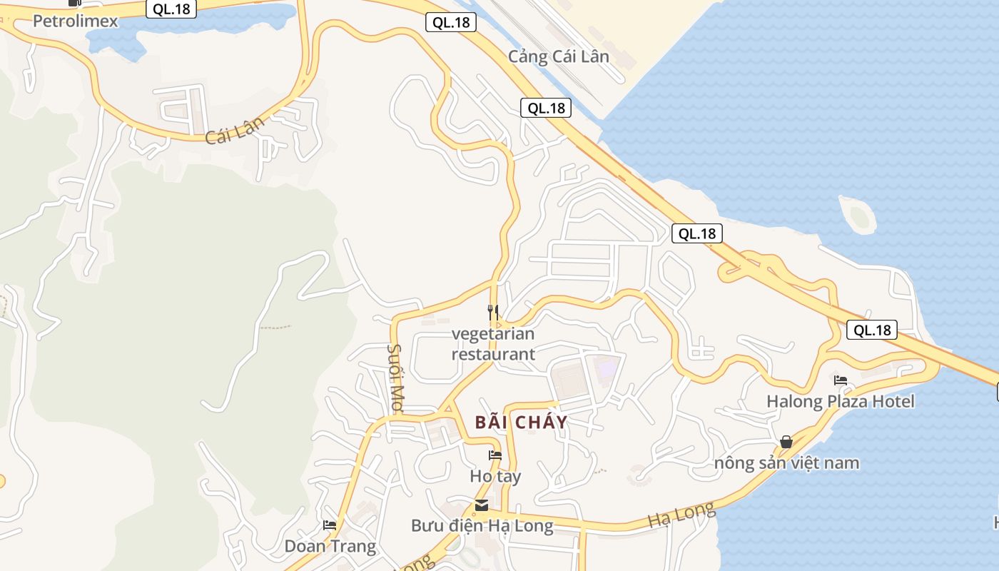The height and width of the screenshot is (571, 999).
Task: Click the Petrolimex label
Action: (x=75, y=21)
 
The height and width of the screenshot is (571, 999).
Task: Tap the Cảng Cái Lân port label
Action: (x=558, y=56)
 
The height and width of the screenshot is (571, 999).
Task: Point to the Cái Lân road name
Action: (x=235, y=129)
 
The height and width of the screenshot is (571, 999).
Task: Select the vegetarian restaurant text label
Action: (x=493, y=343)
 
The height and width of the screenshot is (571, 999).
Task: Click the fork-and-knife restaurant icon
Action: (x=492, y=312)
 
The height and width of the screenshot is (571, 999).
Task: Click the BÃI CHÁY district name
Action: (x=521, y=422)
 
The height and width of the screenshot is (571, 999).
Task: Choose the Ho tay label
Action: (x=495, y=476)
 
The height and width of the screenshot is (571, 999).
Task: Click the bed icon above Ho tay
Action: (x=495, y=455)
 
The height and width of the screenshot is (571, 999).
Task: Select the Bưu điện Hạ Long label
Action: (x=482, y=526)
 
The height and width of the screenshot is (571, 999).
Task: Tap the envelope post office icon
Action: (x=482, y=505)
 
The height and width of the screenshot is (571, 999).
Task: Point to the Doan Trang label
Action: (x=330, y=546)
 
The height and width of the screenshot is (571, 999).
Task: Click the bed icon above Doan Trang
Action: (x=330, y=525)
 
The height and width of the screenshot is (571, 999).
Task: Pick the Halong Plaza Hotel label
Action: (x=840, y=401)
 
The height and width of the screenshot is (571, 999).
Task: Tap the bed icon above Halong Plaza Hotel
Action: (x=841, y=380)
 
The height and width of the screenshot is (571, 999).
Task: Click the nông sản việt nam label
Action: (x=786, y=463)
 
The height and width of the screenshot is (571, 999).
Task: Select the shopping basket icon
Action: (x=786, y=442)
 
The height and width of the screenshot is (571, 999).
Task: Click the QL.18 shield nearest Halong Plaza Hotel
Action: (x=872, y=330)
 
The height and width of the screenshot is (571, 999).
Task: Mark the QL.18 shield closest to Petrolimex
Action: (x=171, y=9)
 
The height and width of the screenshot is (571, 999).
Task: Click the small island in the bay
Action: (x=857, y=213)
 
